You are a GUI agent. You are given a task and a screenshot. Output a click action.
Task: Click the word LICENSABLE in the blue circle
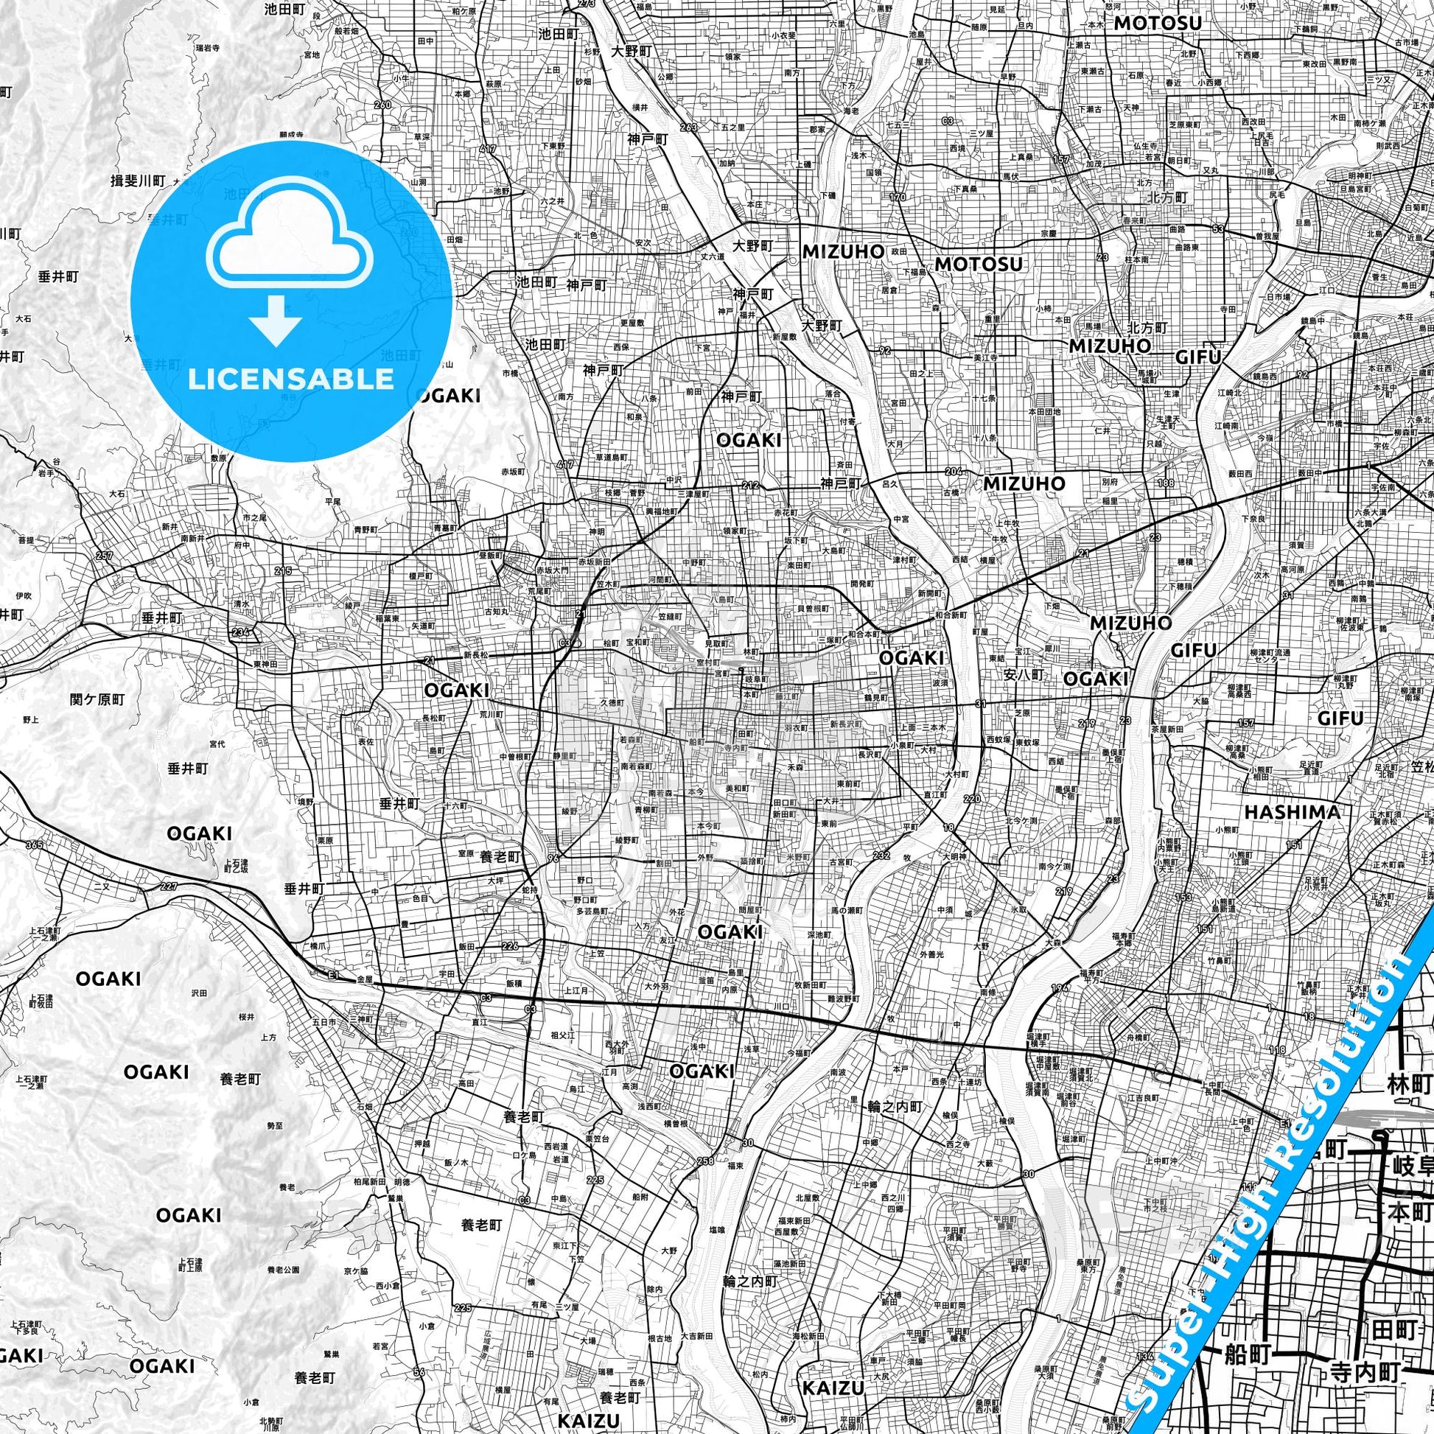(x=291, y=380)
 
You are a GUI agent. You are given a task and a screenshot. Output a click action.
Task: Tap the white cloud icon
(x=292, y=245)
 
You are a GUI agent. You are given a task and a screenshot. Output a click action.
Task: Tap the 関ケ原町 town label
(x=97, y=699)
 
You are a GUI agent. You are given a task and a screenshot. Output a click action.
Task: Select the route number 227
(x=169, y=886)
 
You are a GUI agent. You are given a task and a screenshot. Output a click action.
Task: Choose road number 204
(x=954, y=472)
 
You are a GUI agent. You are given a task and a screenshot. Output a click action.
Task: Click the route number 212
(x=749, y=486)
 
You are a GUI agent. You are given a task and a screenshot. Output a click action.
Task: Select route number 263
(x=688, y=127)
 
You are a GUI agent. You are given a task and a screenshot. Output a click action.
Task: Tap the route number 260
(x=383, y=105)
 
